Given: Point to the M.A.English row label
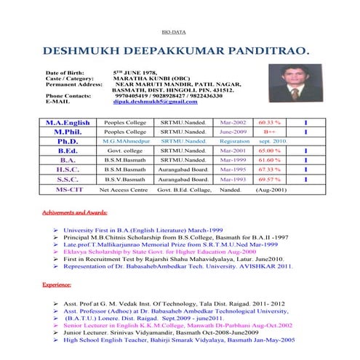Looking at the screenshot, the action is (68, 123).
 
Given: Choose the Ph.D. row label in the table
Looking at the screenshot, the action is (68, 142).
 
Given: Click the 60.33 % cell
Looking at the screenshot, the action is (269, 123).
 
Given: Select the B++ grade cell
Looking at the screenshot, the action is (269, 132).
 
